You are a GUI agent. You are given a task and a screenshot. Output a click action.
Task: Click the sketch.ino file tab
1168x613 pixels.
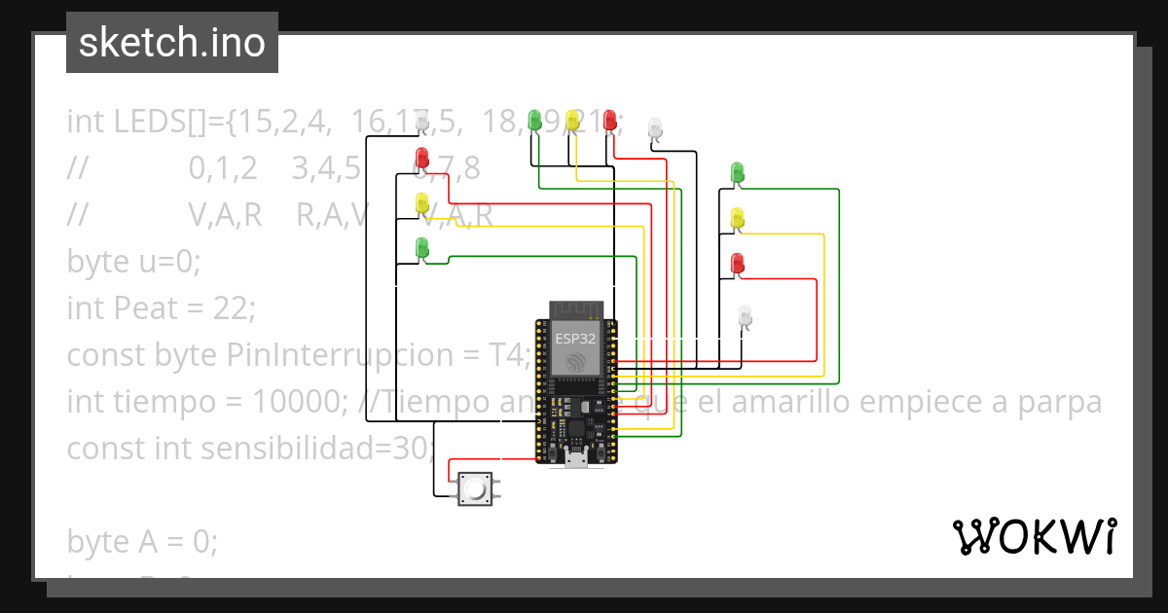pyautogui.click(x=171, y=43)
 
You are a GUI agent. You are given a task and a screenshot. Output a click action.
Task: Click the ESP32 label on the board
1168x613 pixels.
pyautogui.click(x=575, y=339)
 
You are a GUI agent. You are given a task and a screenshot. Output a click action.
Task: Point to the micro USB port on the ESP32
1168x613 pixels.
pyautogui.click(x=575, y=460)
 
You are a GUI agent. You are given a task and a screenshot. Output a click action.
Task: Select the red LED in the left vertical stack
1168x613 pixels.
pyautogui.click(x=421, y=157)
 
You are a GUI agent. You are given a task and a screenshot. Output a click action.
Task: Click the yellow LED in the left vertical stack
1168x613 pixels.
pyautogui.click(x=421, y=202)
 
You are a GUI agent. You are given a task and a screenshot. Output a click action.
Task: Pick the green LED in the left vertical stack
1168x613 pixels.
pyautogui.click(x=421, y=247)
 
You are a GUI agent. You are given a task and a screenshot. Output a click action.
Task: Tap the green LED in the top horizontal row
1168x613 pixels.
pyautogui.click(x=533, y=120)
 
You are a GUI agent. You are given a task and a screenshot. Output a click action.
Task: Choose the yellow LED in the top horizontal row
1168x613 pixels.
pyautogui.click(x=572, y=120)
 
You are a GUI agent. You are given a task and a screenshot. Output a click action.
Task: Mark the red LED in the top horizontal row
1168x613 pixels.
pyautogui.click(x=610, y=120)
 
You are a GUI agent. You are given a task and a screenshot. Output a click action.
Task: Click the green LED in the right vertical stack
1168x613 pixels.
pyautogui.click(x=737, y=172)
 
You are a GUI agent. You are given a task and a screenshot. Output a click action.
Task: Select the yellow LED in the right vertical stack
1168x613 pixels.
pyautogui.click(x=737, y=218)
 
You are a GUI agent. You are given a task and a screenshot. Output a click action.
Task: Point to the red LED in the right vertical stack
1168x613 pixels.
pyautogui.click(x=737, y=263)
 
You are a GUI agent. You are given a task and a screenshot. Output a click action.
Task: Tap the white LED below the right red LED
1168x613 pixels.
pyautogui.click(x=746, y=316)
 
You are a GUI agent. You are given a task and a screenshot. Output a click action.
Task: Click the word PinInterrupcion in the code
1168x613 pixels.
pyautogui.click(x=386, y=355)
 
